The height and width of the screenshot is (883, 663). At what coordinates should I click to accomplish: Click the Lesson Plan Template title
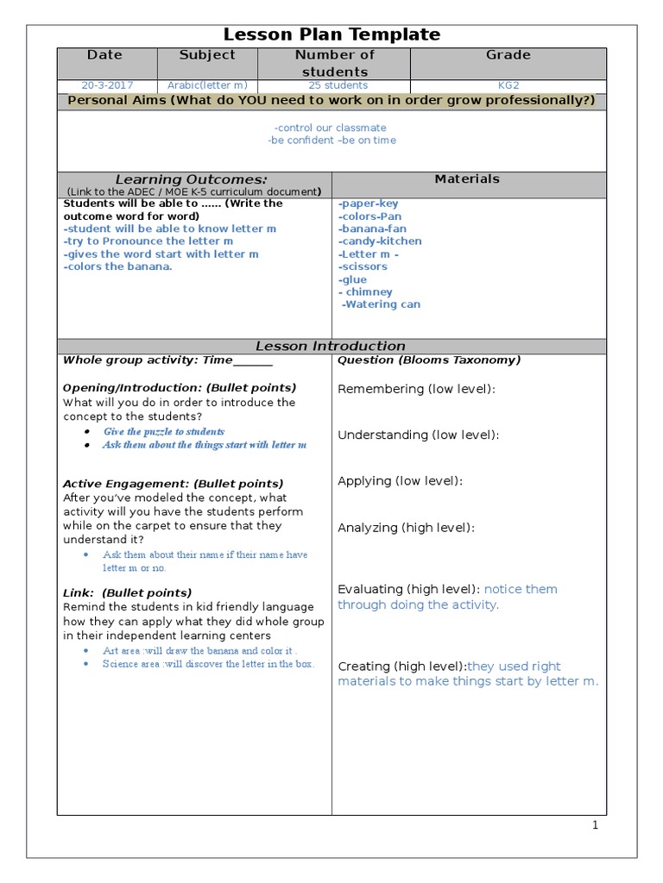click(331, 34)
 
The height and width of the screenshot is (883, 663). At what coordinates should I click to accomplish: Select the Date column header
click(105, 55)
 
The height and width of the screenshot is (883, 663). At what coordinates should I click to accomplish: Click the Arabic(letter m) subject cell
click(206, 85)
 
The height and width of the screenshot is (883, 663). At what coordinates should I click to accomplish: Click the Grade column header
click(508, 55)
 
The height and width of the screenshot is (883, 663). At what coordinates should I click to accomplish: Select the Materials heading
click(467, 179)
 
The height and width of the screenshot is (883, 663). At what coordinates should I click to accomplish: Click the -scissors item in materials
click(363, 266)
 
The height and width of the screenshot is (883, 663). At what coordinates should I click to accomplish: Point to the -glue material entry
click(353, 279)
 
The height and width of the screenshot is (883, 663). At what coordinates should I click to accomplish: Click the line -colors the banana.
click(118, 266)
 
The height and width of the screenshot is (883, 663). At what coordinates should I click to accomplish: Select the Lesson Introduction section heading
click(331, 346)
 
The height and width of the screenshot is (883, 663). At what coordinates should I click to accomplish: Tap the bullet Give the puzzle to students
click(163, 432)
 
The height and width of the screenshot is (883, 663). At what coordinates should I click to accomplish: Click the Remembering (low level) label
click(416, 389)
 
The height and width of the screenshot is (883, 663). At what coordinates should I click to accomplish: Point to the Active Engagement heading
click(173, 484)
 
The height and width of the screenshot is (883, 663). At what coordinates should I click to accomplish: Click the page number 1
click(595, 825)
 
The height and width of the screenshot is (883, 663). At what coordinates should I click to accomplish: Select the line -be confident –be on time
click(331, 141)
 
